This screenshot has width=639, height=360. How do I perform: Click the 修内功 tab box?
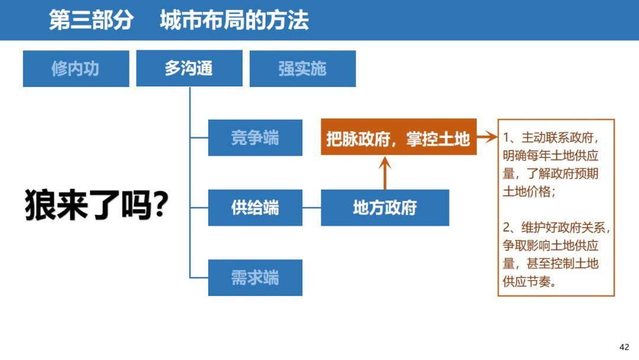(76, 69)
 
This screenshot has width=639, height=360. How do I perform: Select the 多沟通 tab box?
(189, 69)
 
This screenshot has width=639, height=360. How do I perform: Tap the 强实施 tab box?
(302, 69)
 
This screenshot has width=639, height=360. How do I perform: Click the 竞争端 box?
(255, 138)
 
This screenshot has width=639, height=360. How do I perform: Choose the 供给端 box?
(255, 208)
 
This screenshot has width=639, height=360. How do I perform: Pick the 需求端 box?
(255, 278)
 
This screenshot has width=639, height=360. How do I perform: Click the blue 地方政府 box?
(385, 208)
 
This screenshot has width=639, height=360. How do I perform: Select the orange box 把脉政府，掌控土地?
(398, 138)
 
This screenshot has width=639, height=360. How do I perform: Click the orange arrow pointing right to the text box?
(486, 138)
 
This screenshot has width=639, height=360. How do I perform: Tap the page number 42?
(624, 347)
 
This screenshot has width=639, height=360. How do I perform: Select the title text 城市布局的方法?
(234, 21)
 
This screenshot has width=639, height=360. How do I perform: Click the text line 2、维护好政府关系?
(556, 228)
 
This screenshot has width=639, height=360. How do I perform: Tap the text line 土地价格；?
(529, 192)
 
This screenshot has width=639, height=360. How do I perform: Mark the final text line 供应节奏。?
(529, 281)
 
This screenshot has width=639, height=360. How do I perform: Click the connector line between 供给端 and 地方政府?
(312, 208)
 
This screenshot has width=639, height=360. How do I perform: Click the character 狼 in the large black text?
(41, 206)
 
